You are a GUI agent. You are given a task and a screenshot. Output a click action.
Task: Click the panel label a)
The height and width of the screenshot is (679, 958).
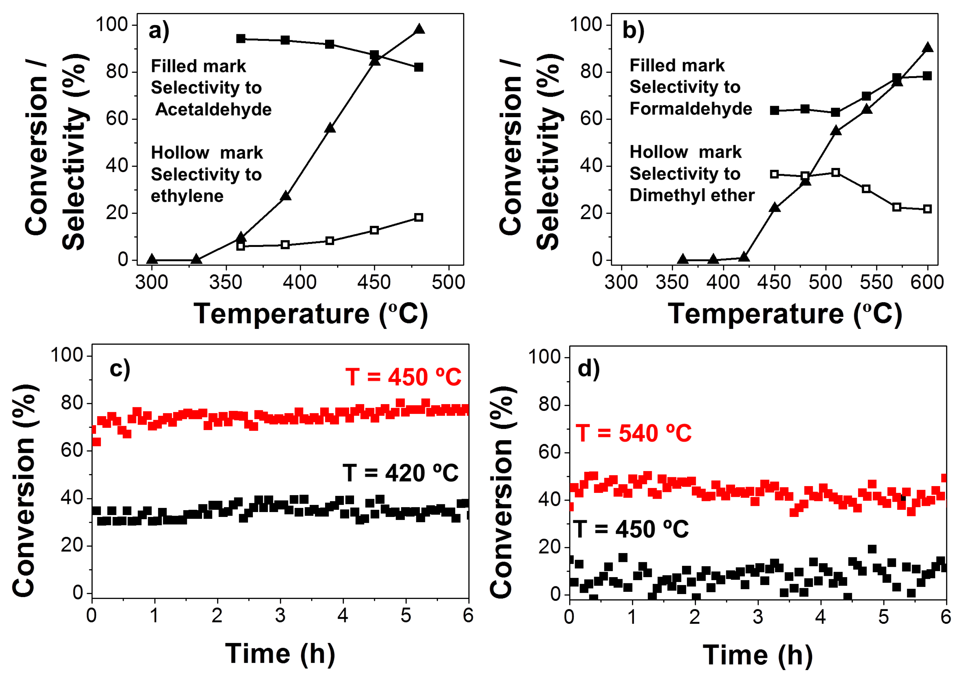(x=159, y=31)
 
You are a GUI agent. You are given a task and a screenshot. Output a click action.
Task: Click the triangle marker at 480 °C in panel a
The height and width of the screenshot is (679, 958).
(x=419, y=29)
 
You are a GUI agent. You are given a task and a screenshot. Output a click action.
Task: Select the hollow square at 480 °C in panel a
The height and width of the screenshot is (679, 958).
(x=418, y=217)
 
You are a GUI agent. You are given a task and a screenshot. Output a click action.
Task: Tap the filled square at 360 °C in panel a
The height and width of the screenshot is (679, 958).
(x=240, y=39)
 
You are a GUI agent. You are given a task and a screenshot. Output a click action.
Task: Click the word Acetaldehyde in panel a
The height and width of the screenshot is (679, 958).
(x=213, y=110)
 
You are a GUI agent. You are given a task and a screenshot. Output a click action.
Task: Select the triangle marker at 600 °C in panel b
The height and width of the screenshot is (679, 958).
(x=927, y=47)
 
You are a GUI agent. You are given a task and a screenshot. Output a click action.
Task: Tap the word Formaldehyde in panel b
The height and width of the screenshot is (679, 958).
(x=691, y=109)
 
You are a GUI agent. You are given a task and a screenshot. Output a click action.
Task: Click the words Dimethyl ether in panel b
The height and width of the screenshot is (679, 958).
(x=692, y=196)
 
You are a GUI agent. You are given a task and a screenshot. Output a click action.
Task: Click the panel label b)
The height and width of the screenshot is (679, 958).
(x=633, y=31)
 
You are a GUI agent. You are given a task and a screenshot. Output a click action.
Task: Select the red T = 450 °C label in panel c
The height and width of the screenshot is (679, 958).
(x=403, y=377)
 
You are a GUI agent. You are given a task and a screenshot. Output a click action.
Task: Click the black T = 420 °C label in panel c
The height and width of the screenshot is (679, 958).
(x=401, y=473)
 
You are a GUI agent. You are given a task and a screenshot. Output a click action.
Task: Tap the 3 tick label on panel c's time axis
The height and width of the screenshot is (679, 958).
(x=280, y=616)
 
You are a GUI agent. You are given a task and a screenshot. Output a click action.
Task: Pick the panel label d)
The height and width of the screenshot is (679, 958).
(x=588, y=369)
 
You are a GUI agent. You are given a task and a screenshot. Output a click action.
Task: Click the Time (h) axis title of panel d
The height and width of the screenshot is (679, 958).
(x=757, y=655)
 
